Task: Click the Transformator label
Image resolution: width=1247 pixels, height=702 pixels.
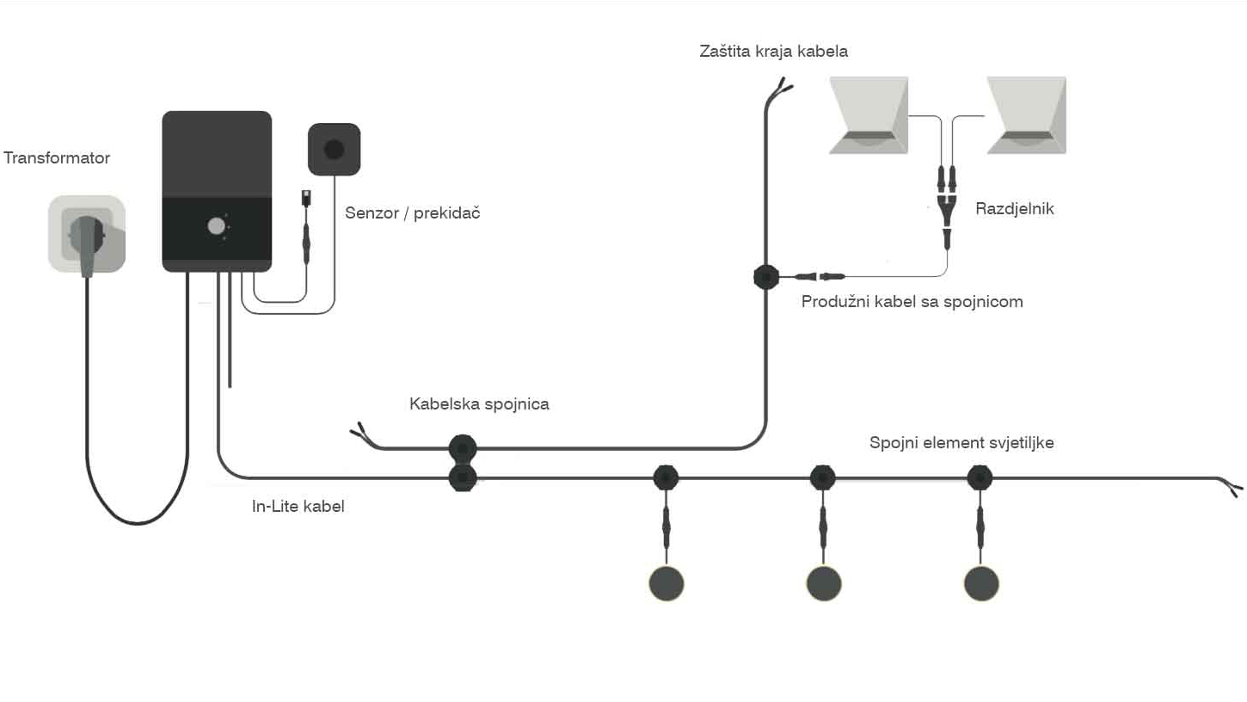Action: tap(57, 158)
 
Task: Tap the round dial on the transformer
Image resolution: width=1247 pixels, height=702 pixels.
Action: tap(216, 226)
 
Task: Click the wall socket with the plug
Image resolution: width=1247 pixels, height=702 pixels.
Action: tap(87, 234)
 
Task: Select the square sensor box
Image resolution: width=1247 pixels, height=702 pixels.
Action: tap(334, 149)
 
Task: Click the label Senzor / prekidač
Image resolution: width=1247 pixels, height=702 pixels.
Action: tap(413, 212)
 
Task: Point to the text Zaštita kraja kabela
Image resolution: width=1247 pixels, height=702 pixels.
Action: tap(774, 52)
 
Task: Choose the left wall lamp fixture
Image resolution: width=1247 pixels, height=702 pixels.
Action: tap(869, 115)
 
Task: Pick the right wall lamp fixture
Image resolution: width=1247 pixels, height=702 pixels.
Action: tap(1027, 115)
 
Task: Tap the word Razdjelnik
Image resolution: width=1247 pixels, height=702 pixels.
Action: tap(1015, 209)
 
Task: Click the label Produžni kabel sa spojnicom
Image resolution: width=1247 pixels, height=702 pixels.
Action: tap(912, 302)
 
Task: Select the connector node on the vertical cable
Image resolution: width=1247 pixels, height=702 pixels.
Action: tap(766, 277)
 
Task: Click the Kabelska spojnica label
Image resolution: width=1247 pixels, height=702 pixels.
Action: tap(479, 403)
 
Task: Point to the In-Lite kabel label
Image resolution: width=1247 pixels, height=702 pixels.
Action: tap(298, 506)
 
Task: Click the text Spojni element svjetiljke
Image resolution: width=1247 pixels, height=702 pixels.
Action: tap(961, 442)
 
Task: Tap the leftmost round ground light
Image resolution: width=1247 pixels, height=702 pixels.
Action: tap(666, 583)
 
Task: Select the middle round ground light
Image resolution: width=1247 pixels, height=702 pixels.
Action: tap(824, 583)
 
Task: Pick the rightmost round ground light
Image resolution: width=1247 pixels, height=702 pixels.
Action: tap(981, 583)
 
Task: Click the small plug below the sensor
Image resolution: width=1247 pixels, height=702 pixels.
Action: tap(306, 198)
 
